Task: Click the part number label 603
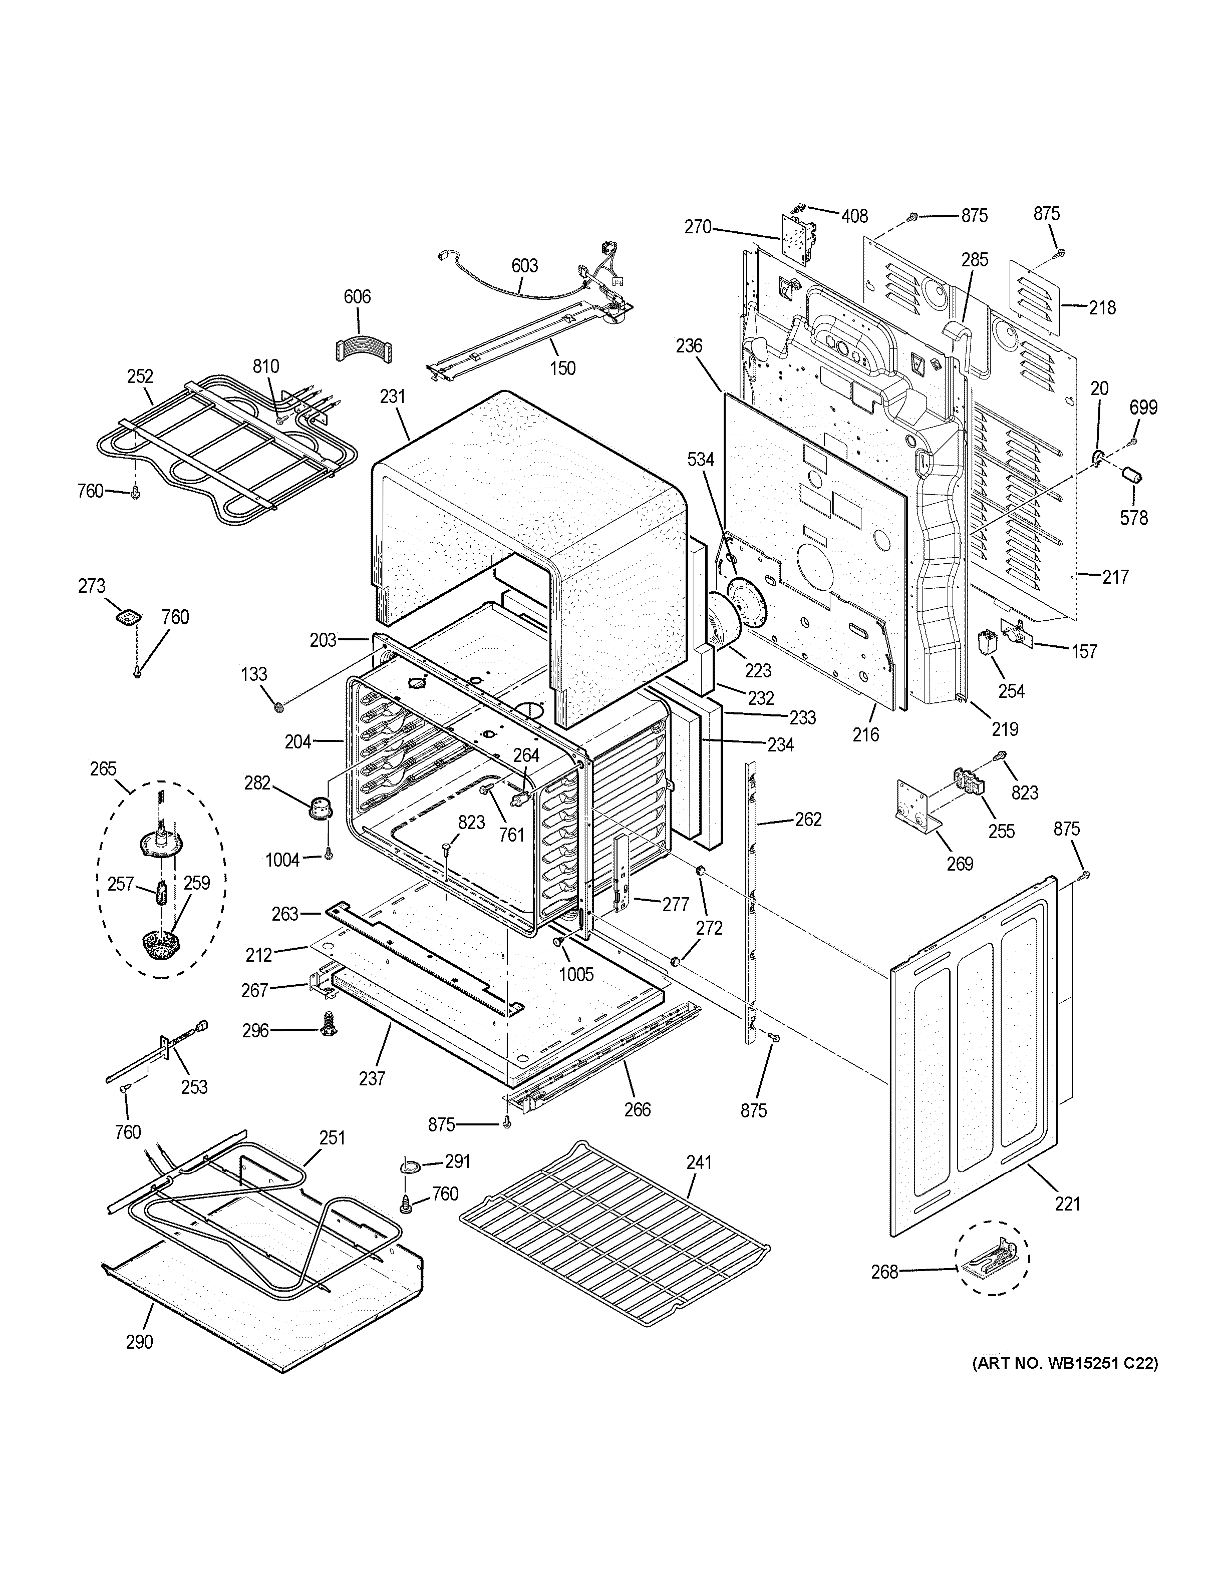pyautogui.click(x=524, y=266)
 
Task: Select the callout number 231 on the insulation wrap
pyautogui.click(x=392, y=396)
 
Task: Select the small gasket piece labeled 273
pyautogui.click(x=127, y=617)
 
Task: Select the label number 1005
pyautogui.click(x=576, y=974)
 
